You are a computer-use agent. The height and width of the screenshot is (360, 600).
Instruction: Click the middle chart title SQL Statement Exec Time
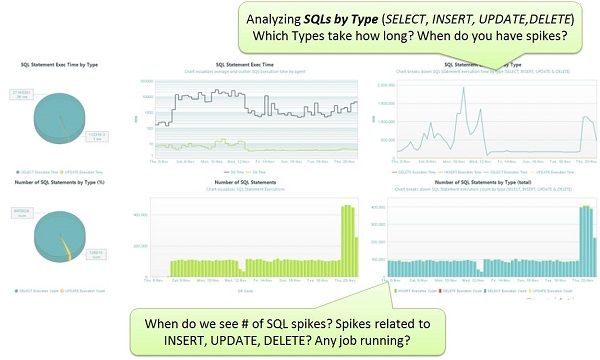(245, 63)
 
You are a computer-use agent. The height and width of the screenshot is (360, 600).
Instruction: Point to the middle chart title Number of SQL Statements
(245, 182)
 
